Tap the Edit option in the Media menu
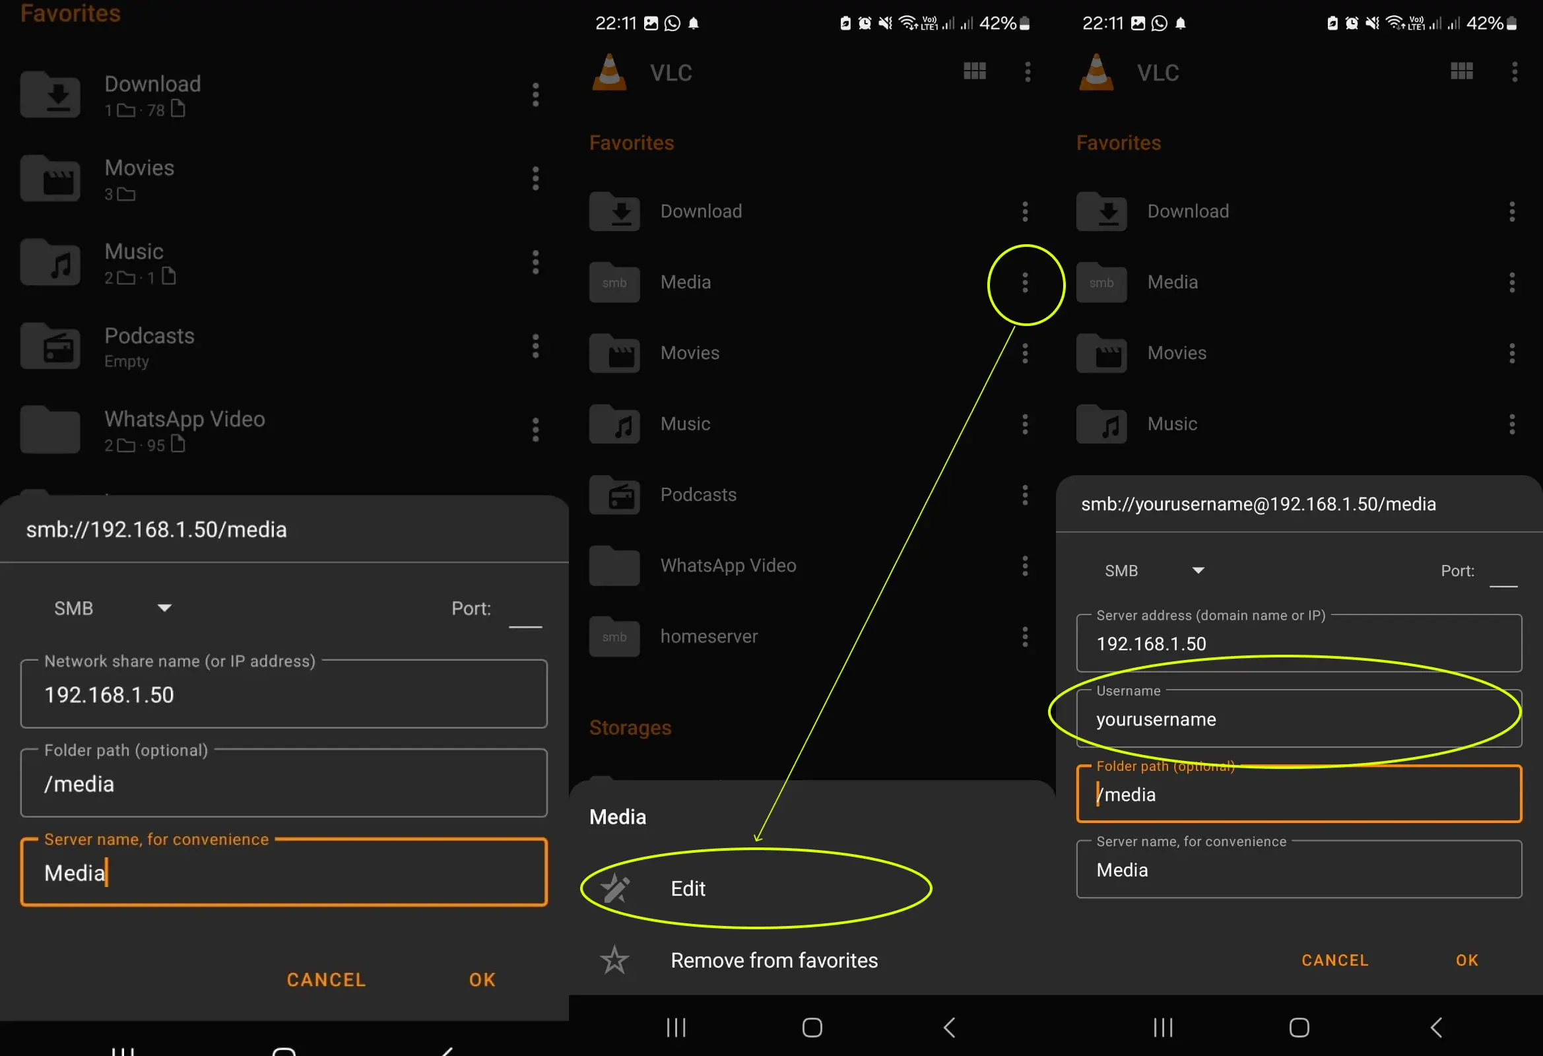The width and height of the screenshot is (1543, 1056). (688, 888)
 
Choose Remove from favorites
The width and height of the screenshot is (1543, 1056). (774, 960)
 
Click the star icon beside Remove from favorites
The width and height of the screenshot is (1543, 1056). (614, 960)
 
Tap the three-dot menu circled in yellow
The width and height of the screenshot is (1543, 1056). (1025, 283)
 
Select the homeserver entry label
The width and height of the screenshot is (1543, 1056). (708, 636)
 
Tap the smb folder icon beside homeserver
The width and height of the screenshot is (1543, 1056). (614, 636)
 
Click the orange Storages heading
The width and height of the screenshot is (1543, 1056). (630, 727)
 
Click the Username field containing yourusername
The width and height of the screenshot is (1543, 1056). (1299, 719)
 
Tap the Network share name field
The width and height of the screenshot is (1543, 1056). (284, 694)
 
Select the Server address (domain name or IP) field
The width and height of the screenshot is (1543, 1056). (1299, 643)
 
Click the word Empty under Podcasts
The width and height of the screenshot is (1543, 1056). (126, 362)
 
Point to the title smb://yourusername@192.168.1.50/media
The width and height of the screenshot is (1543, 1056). (1258, 504)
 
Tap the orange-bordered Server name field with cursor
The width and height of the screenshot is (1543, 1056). (284, 872)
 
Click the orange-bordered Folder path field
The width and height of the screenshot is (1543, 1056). (1299, 794)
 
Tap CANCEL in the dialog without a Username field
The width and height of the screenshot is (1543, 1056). (326, 979)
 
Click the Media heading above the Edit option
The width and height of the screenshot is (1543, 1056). (618, 817)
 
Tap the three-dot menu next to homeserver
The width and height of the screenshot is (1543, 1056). (1025, 637)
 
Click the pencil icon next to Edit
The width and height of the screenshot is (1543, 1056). (615, 888)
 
